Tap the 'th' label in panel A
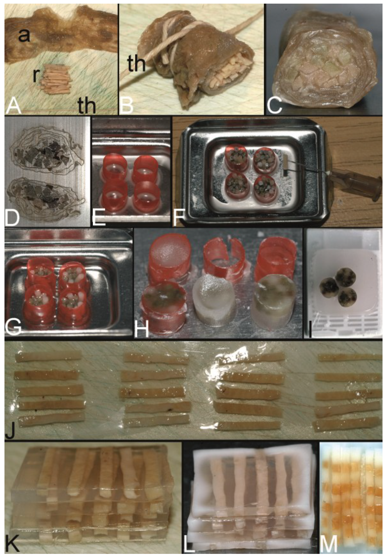click(x=87, y=105)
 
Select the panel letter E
click(x=99, y=217)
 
